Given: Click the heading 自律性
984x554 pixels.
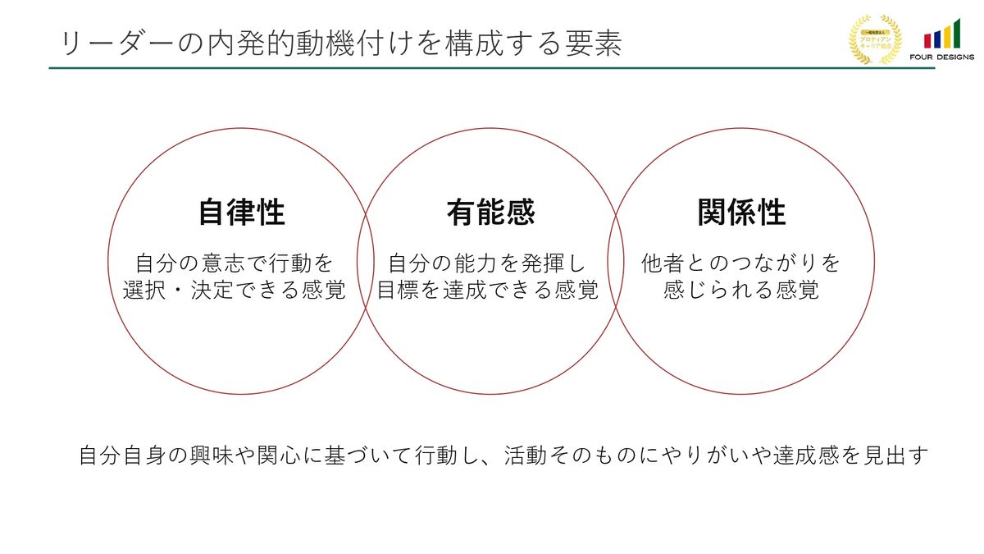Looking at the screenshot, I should tap(242, 213).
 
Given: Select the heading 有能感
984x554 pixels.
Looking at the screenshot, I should tap(490, 213).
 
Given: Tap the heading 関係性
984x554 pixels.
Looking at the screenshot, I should tap(741, 213).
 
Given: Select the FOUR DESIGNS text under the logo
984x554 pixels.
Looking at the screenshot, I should tap(941, 57).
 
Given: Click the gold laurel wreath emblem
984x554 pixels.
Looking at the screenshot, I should tap(875, 39).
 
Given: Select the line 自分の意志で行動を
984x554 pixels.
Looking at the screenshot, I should tap(235, 263).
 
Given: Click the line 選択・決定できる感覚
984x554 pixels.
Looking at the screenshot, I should tap(235, 291).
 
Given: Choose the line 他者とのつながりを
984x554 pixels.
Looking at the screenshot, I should tap(741, 263).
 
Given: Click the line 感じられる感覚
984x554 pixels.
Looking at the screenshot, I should tap(741, 291).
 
